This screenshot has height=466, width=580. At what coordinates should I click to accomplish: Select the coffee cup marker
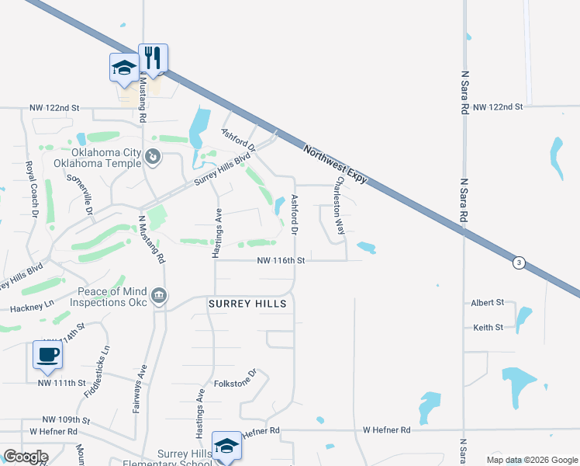pos(48,355)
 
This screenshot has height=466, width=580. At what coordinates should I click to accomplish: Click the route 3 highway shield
pos(518,263)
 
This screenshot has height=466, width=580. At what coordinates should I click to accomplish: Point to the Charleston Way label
pos(339,206)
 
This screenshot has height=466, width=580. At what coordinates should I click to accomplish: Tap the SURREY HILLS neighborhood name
pos(247,304)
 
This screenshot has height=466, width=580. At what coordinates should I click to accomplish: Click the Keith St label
pos(489,328)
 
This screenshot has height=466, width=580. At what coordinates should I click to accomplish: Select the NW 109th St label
pos(66,419)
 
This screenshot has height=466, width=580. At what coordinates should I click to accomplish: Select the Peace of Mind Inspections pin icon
pos(158,295)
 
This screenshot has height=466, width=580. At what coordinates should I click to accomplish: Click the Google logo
pos(25,457)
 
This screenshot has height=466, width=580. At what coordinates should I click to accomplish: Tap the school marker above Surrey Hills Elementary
pos(226,445)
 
